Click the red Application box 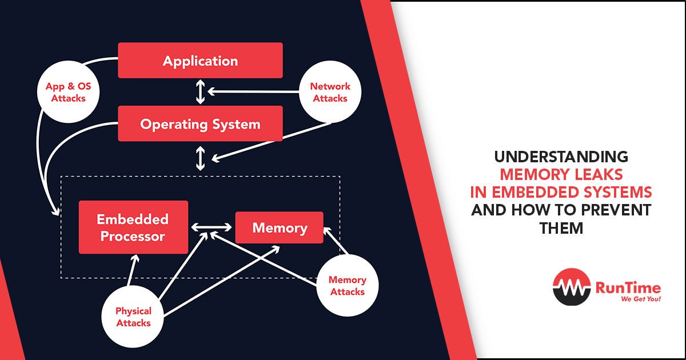tap(200, 61)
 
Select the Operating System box tap(200, 123)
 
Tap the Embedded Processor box tap(133, 227)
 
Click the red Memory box tap(280, 228)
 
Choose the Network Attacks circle tap(330, 93)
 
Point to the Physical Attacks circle tap(133, 317)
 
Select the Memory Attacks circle tap(347, 286)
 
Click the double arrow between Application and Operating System tap(200, 92)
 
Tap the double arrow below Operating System tap(200, 158)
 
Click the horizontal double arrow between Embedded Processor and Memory tap(212, 227)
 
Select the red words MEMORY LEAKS tap(561, 174)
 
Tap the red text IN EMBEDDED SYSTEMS tap(561, 192)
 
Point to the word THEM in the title tap(561, 227)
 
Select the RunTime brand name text tap(628, 287)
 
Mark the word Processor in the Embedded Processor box tap(133, 236)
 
